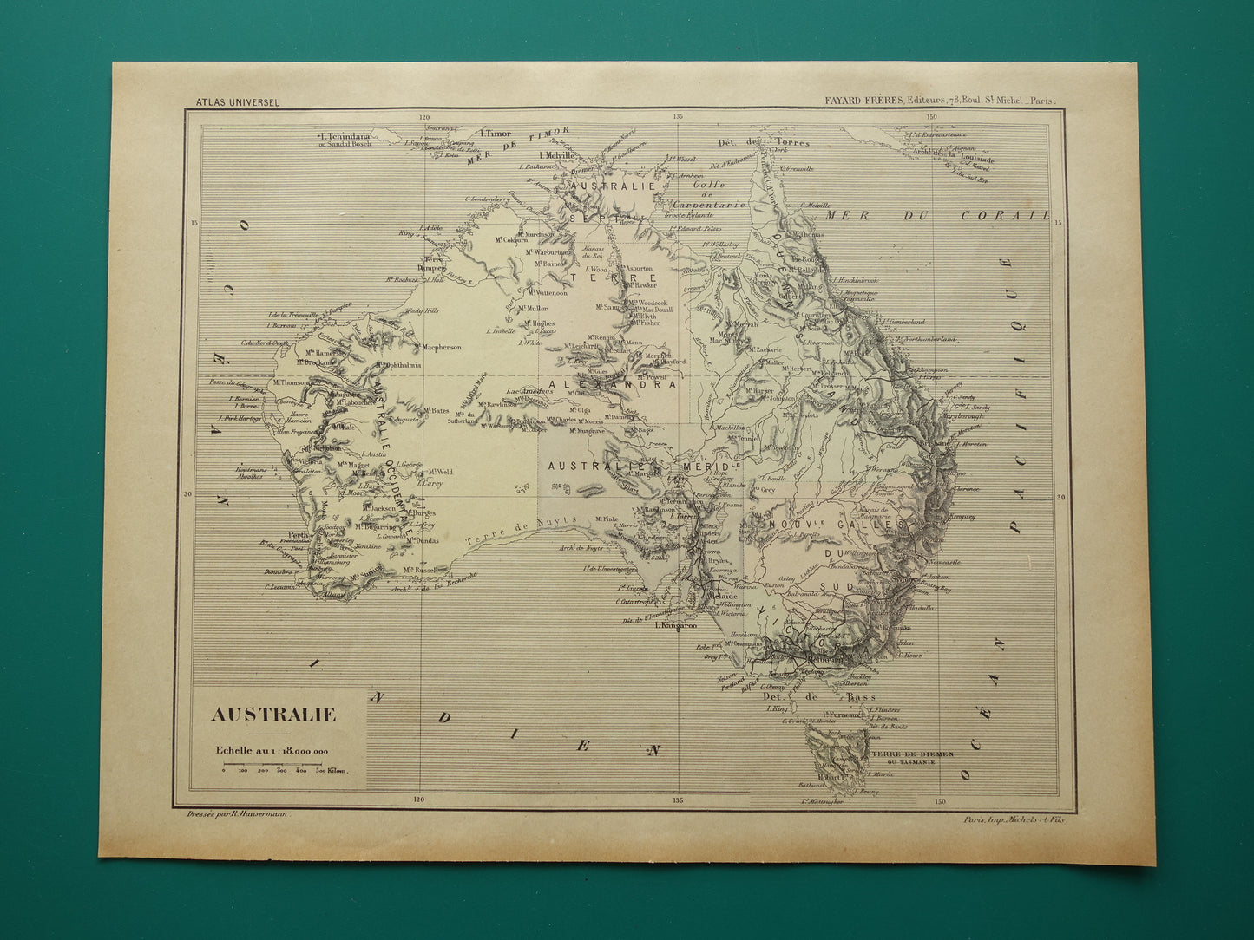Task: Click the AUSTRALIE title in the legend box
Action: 273,715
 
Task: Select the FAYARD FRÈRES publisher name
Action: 860,101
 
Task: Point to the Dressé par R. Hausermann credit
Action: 238,815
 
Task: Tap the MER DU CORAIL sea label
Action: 937,214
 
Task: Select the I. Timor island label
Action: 497,134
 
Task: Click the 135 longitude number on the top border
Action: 678,117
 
